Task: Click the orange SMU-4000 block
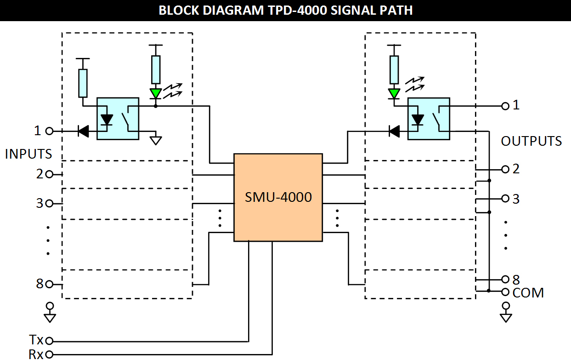pos(278,197)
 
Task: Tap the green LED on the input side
pos(156,93)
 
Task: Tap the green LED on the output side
pos(394,93)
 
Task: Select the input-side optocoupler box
pos(118,118)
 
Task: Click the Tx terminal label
pos(36,340)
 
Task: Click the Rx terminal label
pos(36,354)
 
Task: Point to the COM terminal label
pos(528,292)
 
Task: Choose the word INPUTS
pos(28,154)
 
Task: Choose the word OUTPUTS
pos(531,141)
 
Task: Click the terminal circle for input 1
pos(49,131)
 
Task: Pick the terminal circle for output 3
pos(505,199)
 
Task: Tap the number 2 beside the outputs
pos(516,169)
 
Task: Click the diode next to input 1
pos(83,131)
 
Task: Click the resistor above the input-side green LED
pos(156,69)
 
